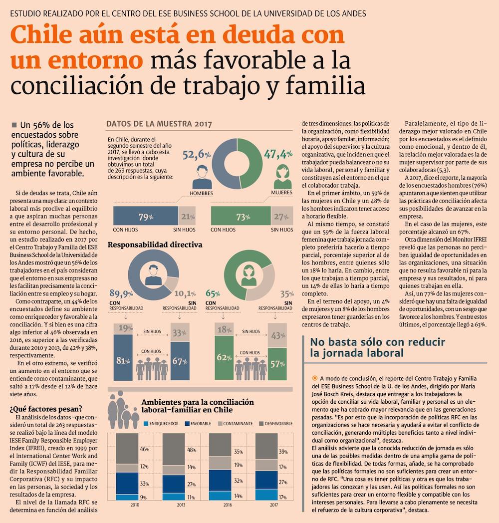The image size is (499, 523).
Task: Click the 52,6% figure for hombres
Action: [x=197, y=155]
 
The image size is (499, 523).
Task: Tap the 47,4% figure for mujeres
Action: [x=278, y=155]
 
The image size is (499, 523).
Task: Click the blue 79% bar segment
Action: [x=145, y=216]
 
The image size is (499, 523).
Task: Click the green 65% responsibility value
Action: [x=213, y=293]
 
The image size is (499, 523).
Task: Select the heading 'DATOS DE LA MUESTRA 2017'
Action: [x=160, y=124]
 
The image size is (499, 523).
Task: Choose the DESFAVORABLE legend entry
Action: [x=276, y=423]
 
